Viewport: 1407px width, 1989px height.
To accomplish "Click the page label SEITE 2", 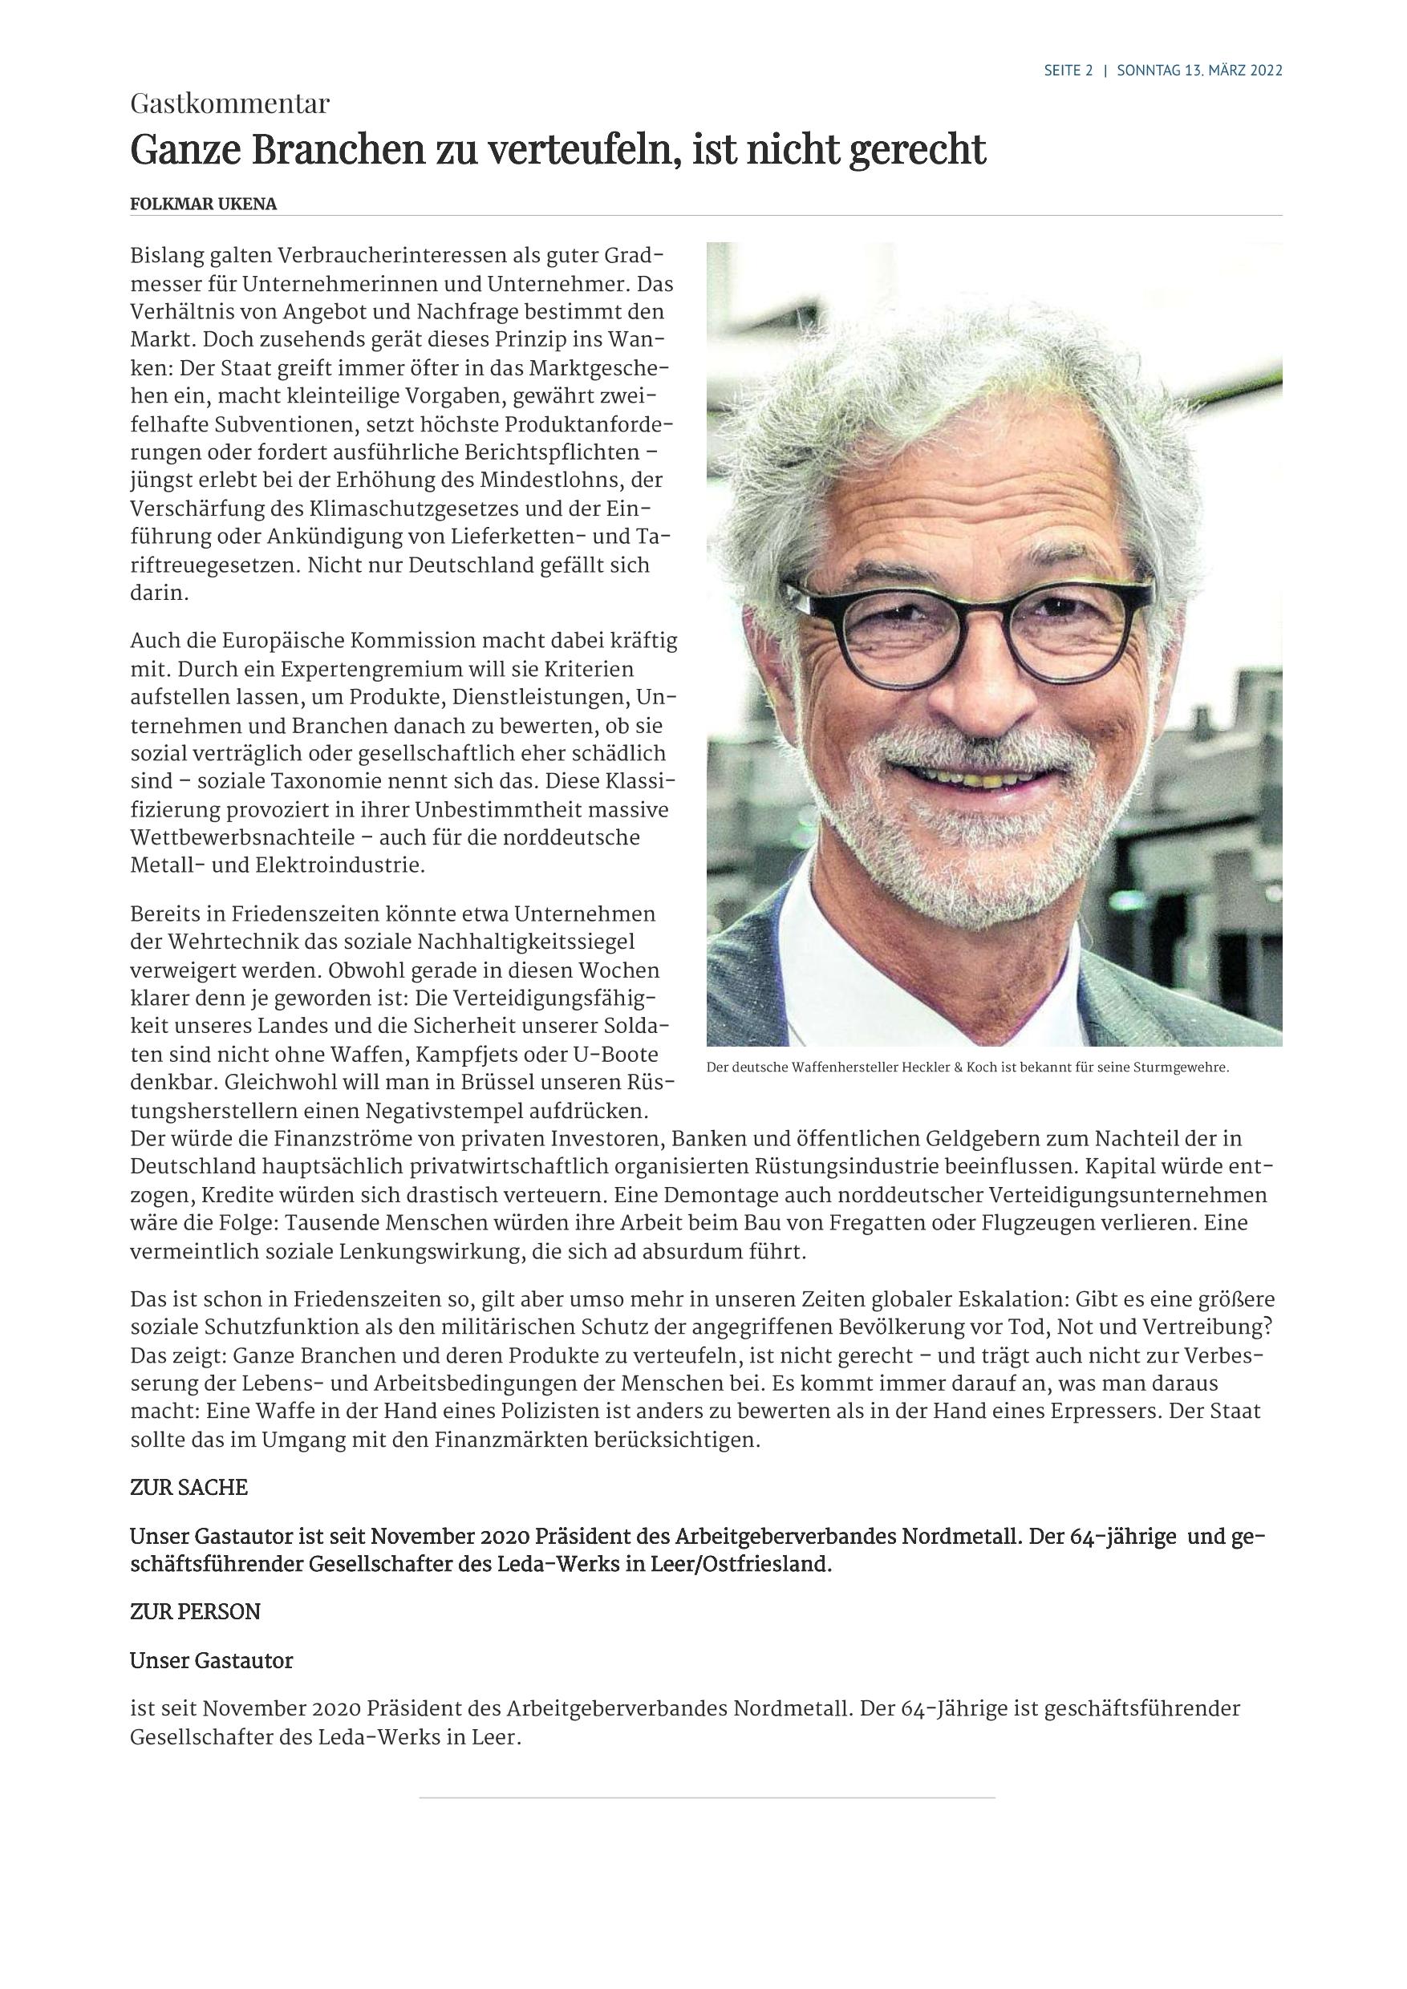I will (x=1068, y=71).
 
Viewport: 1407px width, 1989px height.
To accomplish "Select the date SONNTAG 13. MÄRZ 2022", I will (x=1200, y=71).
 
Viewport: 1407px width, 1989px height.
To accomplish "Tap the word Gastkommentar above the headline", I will (x=229, y=104).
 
